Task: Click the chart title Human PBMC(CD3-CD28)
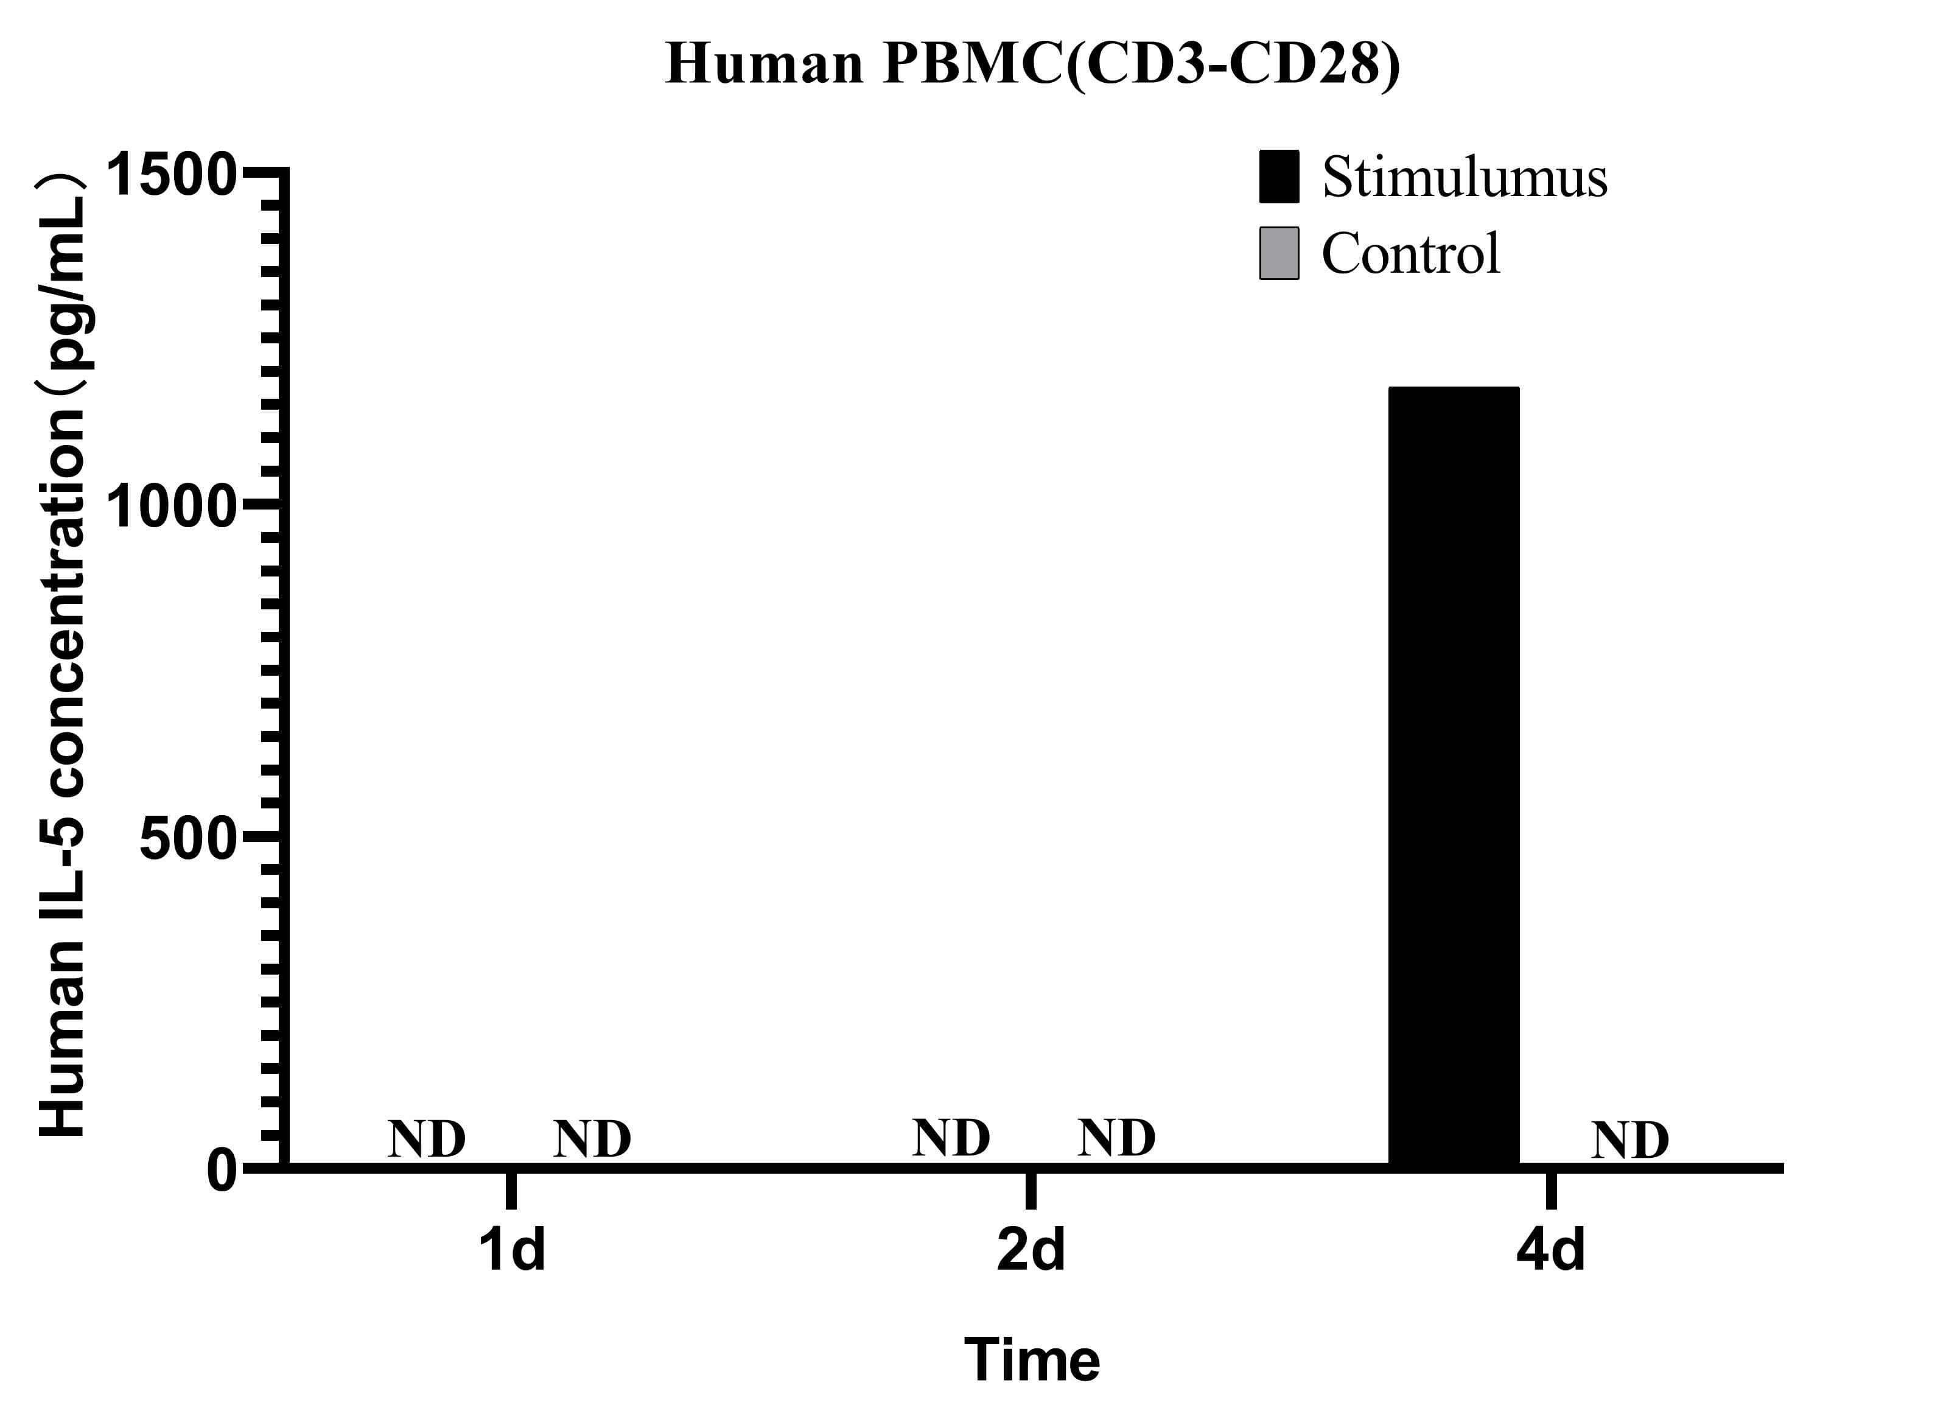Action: pos(1032,65)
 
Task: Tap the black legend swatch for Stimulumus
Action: pos(1279,177)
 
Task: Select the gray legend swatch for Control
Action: pos(1279,253)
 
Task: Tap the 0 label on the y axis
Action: pos(222,1170)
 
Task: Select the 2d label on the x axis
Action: pos(1031,1250)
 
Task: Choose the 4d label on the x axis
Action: pos(1550,1250)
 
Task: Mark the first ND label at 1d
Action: pos(427,1140)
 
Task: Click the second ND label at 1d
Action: pos(592,1140)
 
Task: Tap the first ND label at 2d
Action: pos(951,1138)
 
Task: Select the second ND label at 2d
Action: pos(1116,1138)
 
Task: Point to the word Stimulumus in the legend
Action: pos(1465,177)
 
